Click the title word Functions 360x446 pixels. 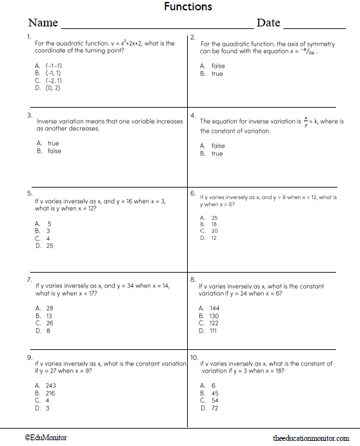tap(188, 7)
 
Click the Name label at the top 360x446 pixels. tap(43, 23)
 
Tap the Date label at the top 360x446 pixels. tap(268, 23)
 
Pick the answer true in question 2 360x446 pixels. tap(217, 73)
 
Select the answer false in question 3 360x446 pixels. tap(54, 151)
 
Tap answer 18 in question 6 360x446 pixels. tap(214, 224)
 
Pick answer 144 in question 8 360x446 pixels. tap(214, 308)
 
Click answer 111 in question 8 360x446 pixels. tap(213, 331)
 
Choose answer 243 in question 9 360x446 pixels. tap(51, 386)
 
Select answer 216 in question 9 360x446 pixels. tap(51, 393)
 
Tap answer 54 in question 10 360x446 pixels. tap(214, 400)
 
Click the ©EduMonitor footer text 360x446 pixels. tap(46, 438)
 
